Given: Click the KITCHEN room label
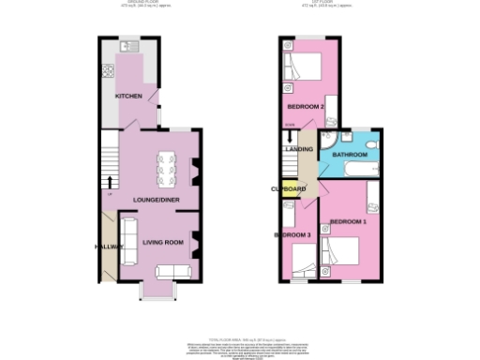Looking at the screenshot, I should (x=128, y=97).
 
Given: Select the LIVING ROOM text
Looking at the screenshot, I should (x=163, y=242).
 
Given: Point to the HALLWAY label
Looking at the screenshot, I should (x=109, y=247).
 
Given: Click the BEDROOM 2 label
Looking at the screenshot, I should (x=306, y=106).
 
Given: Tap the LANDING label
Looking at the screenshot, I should (x=299, y=149).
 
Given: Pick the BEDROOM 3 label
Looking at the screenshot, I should (x=292, y=234).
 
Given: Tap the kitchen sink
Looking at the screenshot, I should (x=129, y=46).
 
